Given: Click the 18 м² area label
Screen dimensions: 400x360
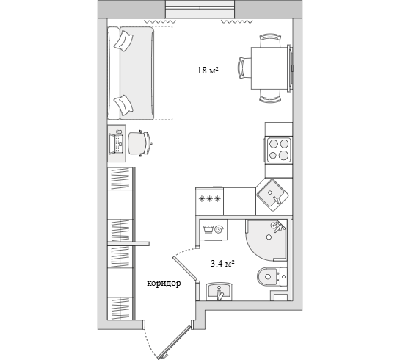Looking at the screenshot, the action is click(x=208, y=70).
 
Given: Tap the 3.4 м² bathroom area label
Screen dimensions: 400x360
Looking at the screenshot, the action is click(x=222, y=263).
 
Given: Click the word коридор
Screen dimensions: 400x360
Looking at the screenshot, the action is click(x=164, y=284).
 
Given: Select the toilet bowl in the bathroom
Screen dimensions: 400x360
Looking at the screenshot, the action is click(x=268, y=276).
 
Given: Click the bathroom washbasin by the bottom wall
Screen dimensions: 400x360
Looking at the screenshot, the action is click(x=219, y=291).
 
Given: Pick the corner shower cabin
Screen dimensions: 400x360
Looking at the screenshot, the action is click(x=266, y=240).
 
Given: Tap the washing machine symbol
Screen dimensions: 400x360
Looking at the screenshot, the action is click(x=214, y=229).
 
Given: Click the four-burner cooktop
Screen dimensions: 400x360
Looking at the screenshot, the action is click(x=279, y=150).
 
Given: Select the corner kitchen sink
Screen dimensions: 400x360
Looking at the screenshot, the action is click(x=272, y=195).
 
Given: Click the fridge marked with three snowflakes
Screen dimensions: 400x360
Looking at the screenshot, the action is click(x=209, y=201).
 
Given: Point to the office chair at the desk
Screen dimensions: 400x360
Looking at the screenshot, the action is click(x=139, y=143).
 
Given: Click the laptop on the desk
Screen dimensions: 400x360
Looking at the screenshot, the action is click(x=116, y=144).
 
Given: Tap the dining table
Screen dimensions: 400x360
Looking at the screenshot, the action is click(x=270, y=68).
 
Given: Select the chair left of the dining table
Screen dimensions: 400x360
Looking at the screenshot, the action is click(x=245, y=68).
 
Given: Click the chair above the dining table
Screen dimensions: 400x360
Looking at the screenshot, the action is click(x=270, y=40).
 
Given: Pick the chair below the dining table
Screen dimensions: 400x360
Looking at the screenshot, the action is click(x=270, y=96).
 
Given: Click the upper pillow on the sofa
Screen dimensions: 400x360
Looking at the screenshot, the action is click(x=123, y=40).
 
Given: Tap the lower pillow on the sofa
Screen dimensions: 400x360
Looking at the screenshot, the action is click(x=124, y=105).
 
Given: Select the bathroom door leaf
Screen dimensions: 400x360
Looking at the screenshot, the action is click(x=185, y=269).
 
